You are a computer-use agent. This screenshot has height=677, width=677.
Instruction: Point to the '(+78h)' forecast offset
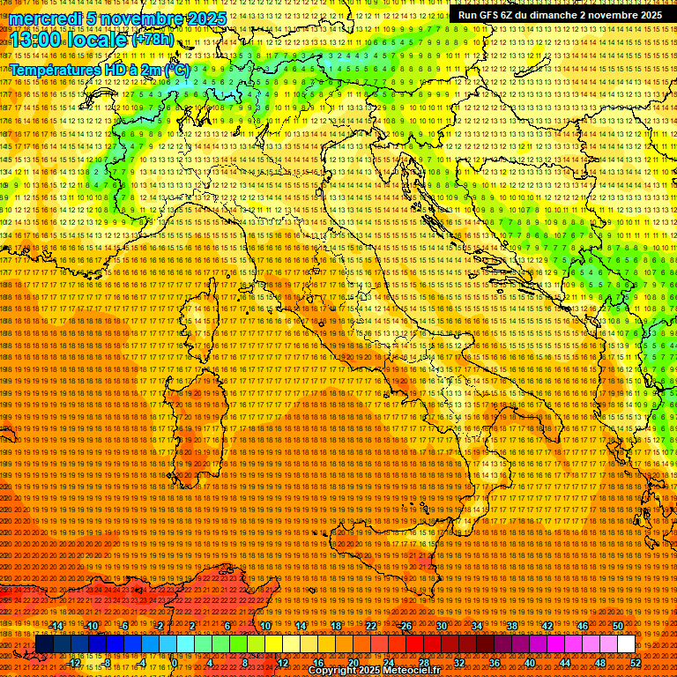[153, 40]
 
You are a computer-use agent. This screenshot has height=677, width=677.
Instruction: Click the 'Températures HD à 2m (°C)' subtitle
[99, 69]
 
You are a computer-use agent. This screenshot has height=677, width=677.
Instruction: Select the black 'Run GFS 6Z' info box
[560, 15]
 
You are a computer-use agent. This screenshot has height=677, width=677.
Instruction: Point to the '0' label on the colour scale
[175, 663]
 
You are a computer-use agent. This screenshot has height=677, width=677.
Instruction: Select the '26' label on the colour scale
[406, 626]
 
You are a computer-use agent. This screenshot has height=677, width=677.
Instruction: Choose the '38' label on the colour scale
[512, 626]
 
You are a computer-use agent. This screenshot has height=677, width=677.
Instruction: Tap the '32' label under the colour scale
[459, 663]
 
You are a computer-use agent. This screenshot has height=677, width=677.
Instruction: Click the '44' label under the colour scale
[565, 663]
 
